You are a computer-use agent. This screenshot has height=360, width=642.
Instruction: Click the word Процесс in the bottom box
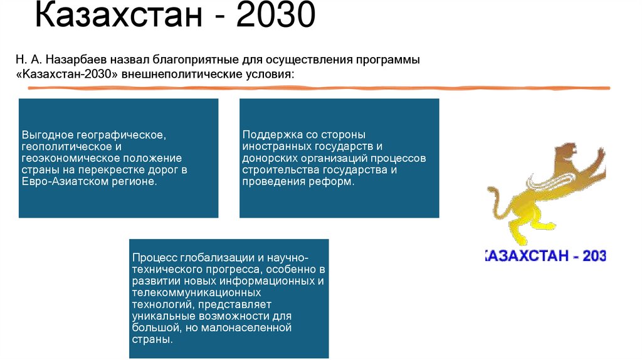pyautogui.click(x=154, y=258)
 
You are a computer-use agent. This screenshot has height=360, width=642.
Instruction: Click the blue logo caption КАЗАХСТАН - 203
pyautogui.click(x=544, y=256)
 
